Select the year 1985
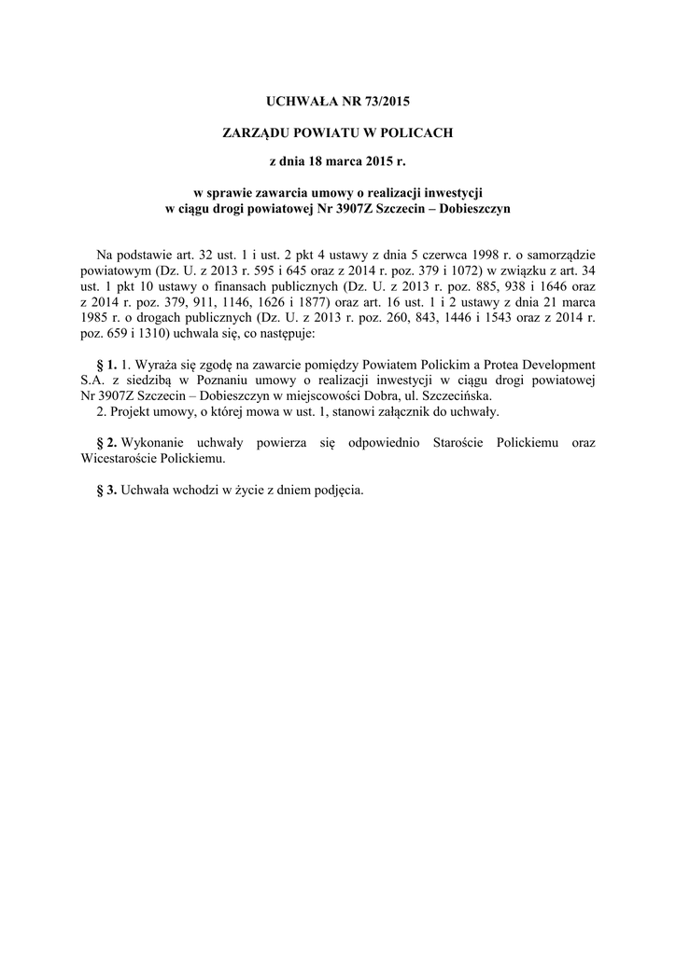[x=95, y=317]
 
